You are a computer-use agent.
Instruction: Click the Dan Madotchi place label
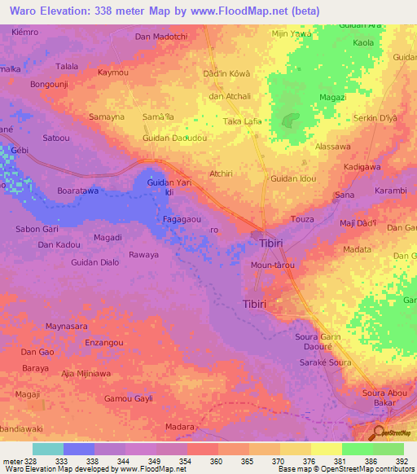tap(161, 37)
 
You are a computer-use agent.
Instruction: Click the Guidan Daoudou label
tap(173, 138)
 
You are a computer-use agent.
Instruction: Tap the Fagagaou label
tap(182, 219)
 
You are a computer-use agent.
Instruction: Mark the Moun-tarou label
tap(273, 266)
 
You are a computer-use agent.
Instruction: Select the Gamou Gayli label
tap(129, 399)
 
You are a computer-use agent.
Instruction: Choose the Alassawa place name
tap(332, 147)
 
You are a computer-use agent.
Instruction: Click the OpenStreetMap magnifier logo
tap(379, 433)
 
